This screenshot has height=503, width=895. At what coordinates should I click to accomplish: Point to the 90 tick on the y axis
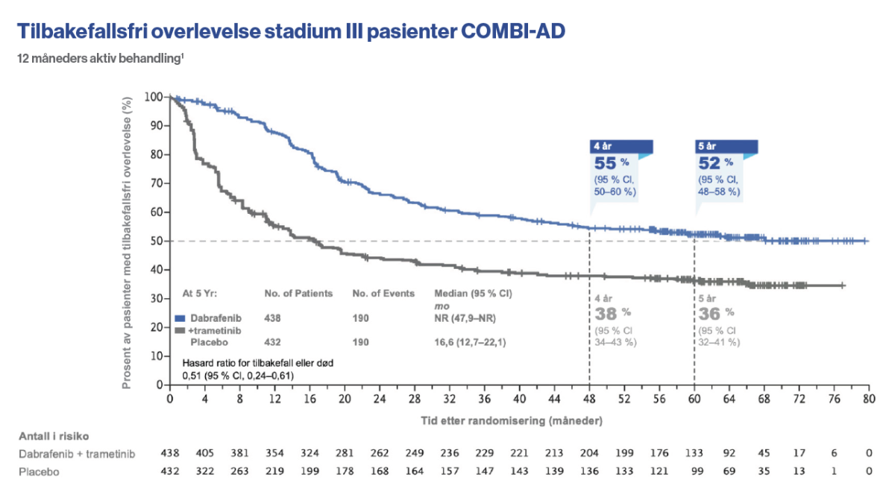[154, 126]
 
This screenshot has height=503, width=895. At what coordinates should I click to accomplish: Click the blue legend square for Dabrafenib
[179, 317]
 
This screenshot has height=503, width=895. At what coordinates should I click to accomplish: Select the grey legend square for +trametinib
[179, 330]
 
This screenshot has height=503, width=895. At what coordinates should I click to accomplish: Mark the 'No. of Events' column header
[383, 294]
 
